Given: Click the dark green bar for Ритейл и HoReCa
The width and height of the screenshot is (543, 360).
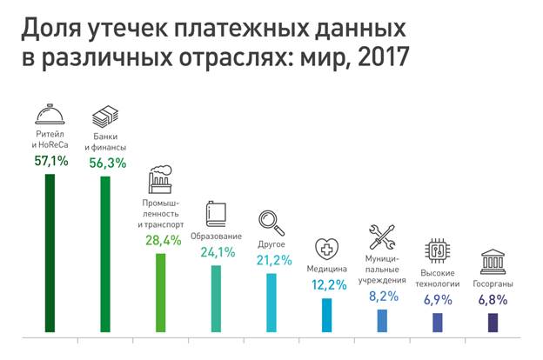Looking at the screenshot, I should (50, 253).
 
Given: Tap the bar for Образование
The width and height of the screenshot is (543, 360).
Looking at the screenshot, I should (216, 298).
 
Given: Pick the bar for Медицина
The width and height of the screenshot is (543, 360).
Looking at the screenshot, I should (327, 315).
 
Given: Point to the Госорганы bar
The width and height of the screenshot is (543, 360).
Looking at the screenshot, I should (493, 322).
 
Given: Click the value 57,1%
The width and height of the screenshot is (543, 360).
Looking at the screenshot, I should (51, 162).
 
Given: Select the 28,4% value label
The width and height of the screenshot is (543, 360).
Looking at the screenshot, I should (162, 238).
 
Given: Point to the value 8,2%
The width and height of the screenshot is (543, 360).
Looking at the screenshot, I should (382, 296).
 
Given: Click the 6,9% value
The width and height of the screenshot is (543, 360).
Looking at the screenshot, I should (438, 300).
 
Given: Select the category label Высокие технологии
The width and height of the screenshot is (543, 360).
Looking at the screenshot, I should (438, 278).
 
